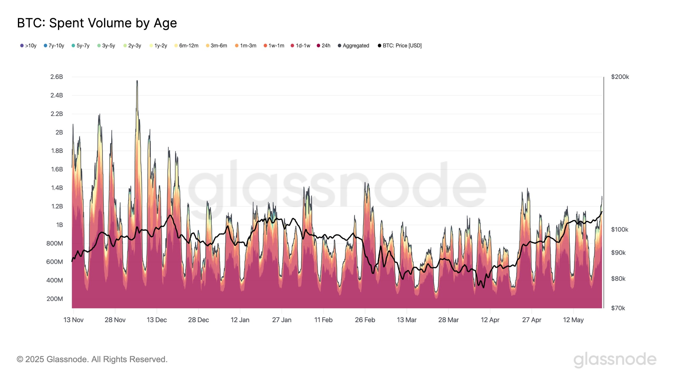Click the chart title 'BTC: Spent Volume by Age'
coord(97,23)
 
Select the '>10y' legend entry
coord(28,46)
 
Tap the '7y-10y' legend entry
coord(54,46)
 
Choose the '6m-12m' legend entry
coord(186,46)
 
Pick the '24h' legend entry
coord(324,46)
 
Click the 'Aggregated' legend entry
coord(354,46)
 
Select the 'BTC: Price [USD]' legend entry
coord(400,46)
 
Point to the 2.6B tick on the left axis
coord(57,77)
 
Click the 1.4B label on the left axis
coord(57,188)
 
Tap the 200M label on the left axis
coord(55,299)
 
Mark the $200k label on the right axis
coord(620,77)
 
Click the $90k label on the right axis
coord(618,253)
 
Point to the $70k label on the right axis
coord(618,308)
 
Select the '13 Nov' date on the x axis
coord(73,320)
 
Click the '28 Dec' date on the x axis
coord(198,320)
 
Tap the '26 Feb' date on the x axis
coord(365,320)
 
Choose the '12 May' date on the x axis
coord(573,320)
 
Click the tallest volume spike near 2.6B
coord(137,82)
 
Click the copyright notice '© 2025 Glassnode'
coord(92,359)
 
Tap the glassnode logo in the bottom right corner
coord(615,360)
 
